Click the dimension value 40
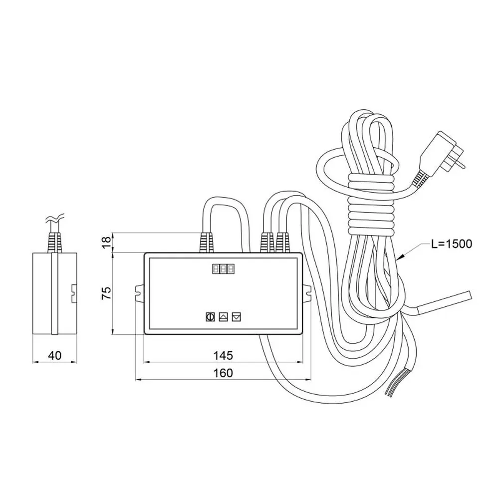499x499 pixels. tap(54, 355)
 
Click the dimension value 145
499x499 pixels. tap(223, 355)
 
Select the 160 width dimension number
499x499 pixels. tap(223, 373)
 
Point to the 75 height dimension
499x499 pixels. tap(106, 293)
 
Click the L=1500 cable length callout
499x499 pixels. tap(452, 244)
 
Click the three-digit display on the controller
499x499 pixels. tap(224, 269)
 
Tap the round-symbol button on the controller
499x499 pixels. tap(210, 317)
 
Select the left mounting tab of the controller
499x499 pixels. tap(140, 293)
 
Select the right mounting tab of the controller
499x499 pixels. tap(306, 293)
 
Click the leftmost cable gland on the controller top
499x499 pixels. tap(206, 243)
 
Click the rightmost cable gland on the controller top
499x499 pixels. tap(283, 243)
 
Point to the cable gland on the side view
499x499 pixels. tap(54, 243)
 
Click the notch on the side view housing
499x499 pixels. tap(74, 293)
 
